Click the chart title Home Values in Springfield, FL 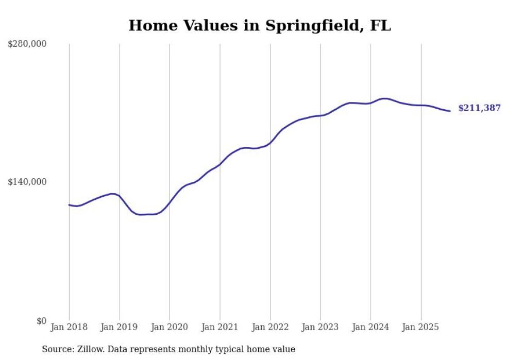coord(260,25)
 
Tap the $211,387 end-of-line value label coord(479,108)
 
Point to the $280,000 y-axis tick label coord(27,44)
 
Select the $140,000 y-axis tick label coord(27,182)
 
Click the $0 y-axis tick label coord(41,321)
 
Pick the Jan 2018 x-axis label coord(69,327)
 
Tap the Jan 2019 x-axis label coord(120,327)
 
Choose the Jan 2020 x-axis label coord(170,327)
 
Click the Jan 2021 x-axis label coord(220,327)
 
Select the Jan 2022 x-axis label coord(270,327)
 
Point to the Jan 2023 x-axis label coord(320,327)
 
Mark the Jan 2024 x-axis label coord(371,327)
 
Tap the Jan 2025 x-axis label coord(421,327)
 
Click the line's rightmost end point coord(450,111)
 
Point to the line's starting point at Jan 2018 coord(69,205)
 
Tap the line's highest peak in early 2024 coord(384,98)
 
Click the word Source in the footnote coord(56,349)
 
